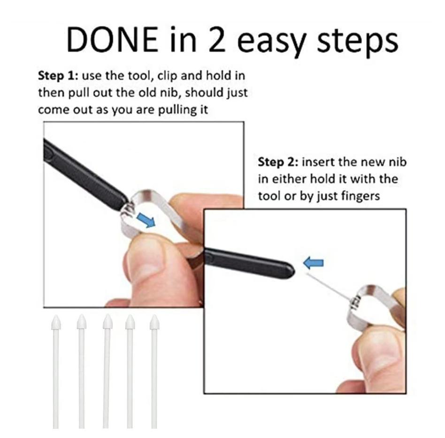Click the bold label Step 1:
[x=58, y=76]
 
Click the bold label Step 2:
[x=278, y=162]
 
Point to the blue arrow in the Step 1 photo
[x=146, y=220]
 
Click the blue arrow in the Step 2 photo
[x=313, y=263]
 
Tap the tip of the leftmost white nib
[x=56, y=315]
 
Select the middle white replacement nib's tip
[x=107, y=315]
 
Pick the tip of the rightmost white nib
[x=154, y=315]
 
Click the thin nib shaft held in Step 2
[x=329, y=287]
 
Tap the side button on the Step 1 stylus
[x=49, y=153]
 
